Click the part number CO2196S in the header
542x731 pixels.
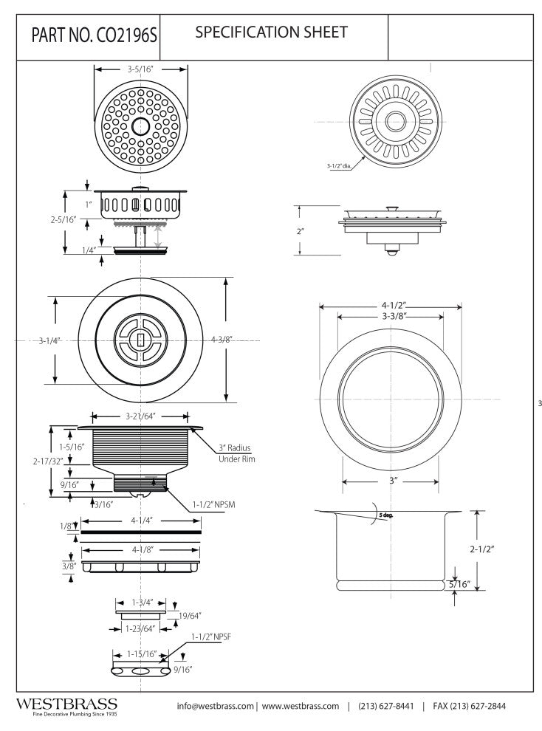tap(90, 36)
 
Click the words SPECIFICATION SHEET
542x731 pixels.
tap(271, 32)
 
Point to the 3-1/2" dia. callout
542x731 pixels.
tap(339, 166)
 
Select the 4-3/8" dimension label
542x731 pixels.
tap(222, 340)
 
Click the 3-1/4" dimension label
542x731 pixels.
tap(49, 340)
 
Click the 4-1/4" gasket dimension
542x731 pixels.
tap(140, 519)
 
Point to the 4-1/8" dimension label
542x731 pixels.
tap(140, 549)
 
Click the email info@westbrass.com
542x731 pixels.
tap(215, 706)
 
